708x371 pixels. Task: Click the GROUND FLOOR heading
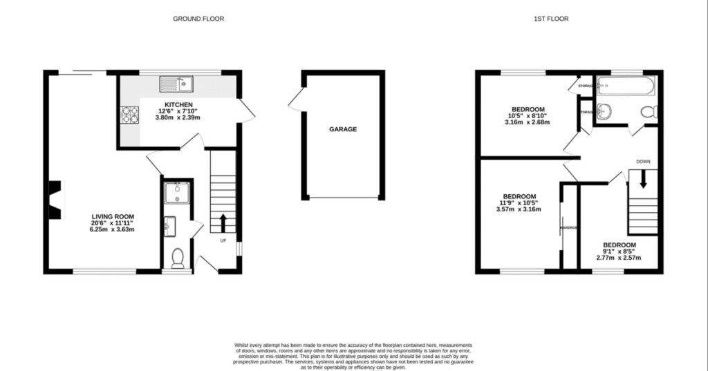click(x=198, y=19)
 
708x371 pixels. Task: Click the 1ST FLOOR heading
click(x=551, y=19)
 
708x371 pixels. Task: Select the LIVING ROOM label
click(x=113, y=216)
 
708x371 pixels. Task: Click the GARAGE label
click(x=342, y=129)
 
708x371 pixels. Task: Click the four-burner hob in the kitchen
click(x=130, y=115)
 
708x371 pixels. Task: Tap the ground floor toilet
click(x=177, y=258)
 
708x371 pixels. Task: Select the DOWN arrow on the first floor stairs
click(x=643, y=180)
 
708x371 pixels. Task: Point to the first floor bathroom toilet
click(x=649, y=112)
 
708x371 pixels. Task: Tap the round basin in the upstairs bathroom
click(x=604, y=111)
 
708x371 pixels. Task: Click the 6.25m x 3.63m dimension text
click(x=113, y=229)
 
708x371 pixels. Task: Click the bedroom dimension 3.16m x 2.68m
click(x=528, y=122)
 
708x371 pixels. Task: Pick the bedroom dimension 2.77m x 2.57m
click(x=619, y=258)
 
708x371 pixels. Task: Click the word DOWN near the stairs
click(x=643, y=162)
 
